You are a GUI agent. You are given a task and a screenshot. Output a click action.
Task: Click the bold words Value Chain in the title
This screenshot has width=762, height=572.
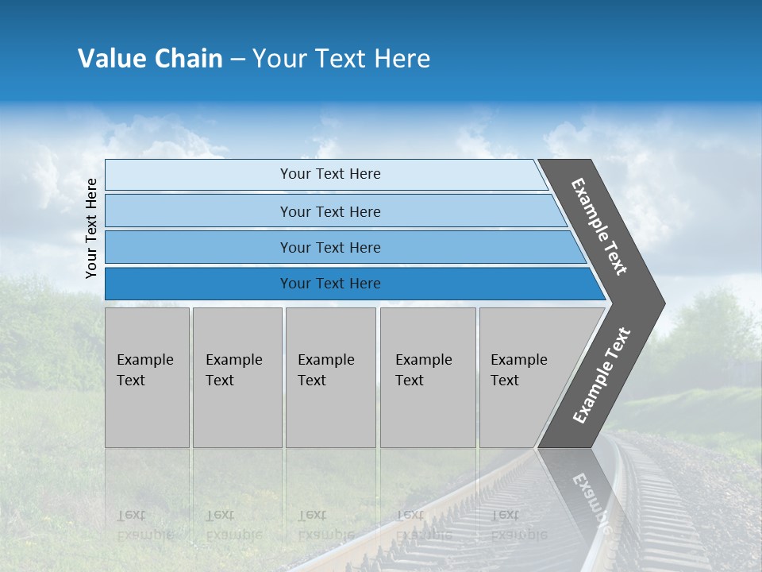point(150,59)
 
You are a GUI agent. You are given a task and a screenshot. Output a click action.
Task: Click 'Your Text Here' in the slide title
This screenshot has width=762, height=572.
point(341,59)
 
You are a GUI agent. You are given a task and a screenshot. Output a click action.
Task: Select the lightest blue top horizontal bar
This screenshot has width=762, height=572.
point(198,175)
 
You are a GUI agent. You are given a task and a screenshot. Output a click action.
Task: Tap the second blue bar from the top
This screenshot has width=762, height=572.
point(198,211)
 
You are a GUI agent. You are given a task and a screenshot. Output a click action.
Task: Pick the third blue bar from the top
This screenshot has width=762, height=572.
point(198,247)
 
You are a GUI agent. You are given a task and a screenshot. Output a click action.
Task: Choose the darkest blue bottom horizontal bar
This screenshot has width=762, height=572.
point(198,284)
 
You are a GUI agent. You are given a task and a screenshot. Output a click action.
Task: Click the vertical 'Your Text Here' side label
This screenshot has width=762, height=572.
point(91,228)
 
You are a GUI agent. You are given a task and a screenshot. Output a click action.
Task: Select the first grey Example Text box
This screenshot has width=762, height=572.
point(147,377)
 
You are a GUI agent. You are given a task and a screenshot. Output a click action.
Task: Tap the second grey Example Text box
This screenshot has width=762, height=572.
point(237,377)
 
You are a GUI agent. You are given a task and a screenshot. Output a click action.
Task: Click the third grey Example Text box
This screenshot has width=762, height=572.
point(330,377)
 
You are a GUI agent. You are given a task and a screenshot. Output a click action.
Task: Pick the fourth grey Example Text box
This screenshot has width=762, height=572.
point(428,377)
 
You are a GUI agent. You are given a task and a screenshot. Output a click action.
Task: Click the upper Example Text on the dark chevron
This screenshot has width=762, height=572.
point(599,226)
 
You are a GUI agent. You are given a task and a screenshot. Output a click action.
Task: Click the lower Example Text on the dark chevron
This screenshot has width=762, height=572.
point(602,376)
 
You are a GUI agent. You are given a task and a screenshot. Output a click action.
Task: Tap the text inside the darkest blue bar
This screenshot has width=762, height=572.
point(330,284)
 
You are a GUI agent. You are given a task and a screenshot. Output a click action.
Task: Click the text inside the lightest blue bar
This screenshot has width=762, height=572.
point(330,174)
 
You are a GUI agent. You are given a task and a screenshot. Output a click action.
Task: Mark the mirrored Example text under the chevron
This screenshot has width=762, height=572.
point(591,500)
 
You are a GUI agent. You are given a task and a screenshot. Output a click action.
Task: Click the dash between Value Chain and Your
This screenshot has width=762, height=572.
point(237,60)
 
